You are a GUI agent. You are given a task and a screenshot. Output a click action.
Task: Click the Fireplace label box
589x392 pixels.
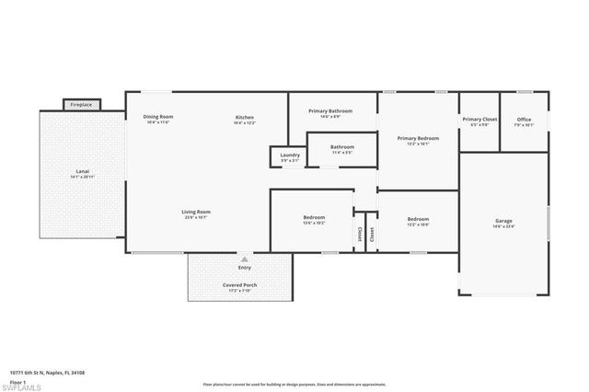pos(81,105)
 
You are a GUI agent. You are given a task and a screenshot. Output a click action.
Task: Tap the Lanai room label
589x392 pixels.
pos(82,172)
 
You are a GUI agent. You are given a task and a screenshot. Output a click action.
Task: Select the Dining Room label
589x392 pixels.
pos(158,118)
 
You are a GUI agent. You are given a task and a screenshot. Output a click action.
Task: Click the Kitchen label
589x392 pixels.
pos(245,119)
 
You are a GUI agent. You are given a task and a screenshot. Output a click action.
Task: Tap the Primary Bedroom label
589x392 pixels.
pos(418,139)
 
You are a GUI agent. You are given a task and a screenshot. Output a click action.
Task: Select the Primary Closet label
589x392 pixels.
pos(479,120)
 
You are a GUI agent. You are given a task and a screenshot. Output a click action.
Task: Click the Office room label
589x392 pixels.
pos(524,120)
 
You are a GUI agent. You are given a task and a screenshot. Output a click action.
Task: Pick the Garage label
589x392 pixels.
pos(503,222)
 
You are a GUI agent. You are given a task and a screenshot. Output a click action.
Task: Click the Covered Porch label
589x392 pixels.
pos(240,285)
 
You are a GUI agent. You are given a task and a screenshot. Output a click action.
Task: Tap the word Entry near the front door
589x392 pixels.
pos(244,268)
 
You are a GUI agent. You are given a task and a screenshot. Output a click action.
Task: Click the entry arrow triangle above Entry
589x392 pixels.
pos(244,259)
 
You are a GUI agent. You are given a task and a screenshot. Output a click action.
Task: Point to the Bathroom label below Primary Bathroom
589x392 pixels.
pos(342,146)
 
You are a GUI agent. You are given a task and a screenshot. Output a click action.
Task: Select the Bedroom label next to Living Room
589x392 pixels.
pos(314,219)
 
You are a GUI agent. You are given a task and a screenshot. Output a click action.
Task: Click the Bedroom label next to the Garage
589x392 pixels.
pos(418,219)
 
